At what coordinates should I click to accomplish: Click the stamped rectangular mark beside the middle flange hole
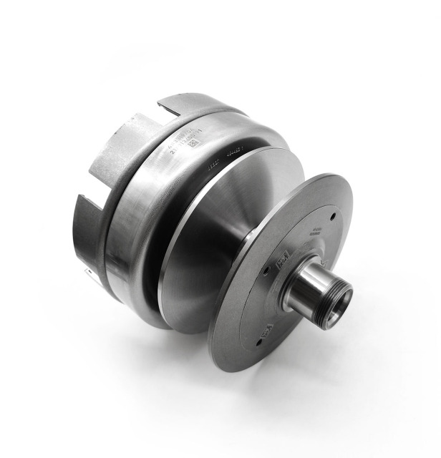(x=282, y=259)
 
